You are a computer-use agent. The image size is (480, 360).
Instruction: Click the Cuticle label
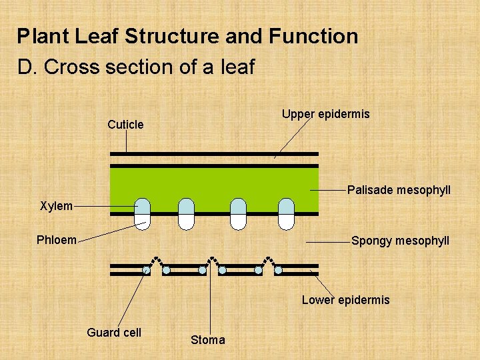click(x=125, y=125)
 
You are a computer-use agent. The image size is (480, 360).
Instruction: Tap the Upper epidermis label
click(x=325, y=114)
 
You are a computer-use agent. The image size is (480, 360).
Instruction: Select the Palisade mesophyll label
click(x=399, y=191)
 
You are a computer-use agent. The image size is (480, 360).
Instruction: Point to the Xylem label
click(x=56, y=206)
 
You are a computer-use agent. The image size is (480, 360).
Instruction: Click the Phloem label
click(x=57, y=240)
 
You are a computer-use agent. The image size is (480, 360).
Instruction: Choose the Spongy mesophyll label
click(x=400, y=241)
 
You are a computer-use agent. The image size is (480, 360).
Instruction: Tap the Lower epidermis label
click(x=345, y=300)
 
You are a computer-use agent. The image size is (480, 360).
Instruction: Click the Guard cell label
click(x=114, y=333)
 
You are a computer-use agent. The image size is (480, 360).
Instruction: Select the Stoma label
click(x=208, y=340)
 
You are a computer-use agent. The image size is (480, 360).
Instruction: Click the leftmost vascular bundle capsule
click(x=142, y=214)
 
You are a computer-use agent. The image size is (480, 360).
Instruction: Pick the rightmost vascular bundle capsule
click(x=286, y=214)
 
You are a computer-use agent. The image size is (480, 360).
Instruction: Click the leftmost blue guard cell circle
click(x=146, y=270)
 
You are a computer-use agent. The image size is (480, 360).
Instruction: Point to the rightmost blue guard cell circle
click(x=279, y=270)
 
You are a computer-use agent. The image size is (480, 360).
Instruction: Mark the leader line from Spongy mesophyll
click(x=327, y=241)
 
